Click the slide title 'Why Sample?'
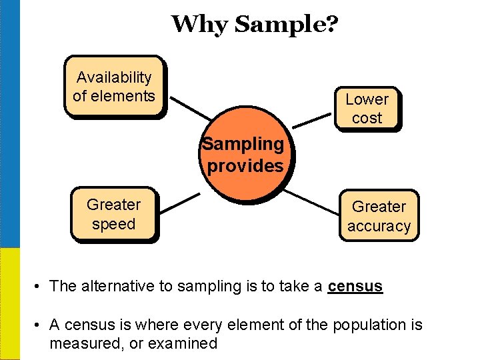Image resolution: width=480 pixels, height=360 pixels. click(255, 25)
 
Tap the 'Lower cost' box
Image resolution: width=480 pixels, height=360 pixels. click(367, 108)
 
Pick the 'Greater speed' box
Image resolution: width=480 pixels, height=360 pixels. click(114, 215)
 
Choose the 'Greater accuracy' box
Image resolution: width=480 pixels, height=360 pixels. click(379, 216)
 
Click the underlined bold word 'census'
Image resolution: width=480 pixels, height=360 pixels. click(355, 287)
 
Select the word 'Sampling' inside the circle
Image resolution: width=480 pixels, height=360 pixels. click(243, 144)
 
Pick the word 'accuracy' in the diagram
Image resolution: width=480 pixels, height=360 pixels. click(379, 227)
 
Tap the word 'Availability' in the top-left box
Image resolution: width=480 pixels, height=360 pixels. click(114, 78)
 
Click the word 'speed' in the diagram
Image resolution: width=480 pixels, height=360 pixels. click(114, 225)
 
